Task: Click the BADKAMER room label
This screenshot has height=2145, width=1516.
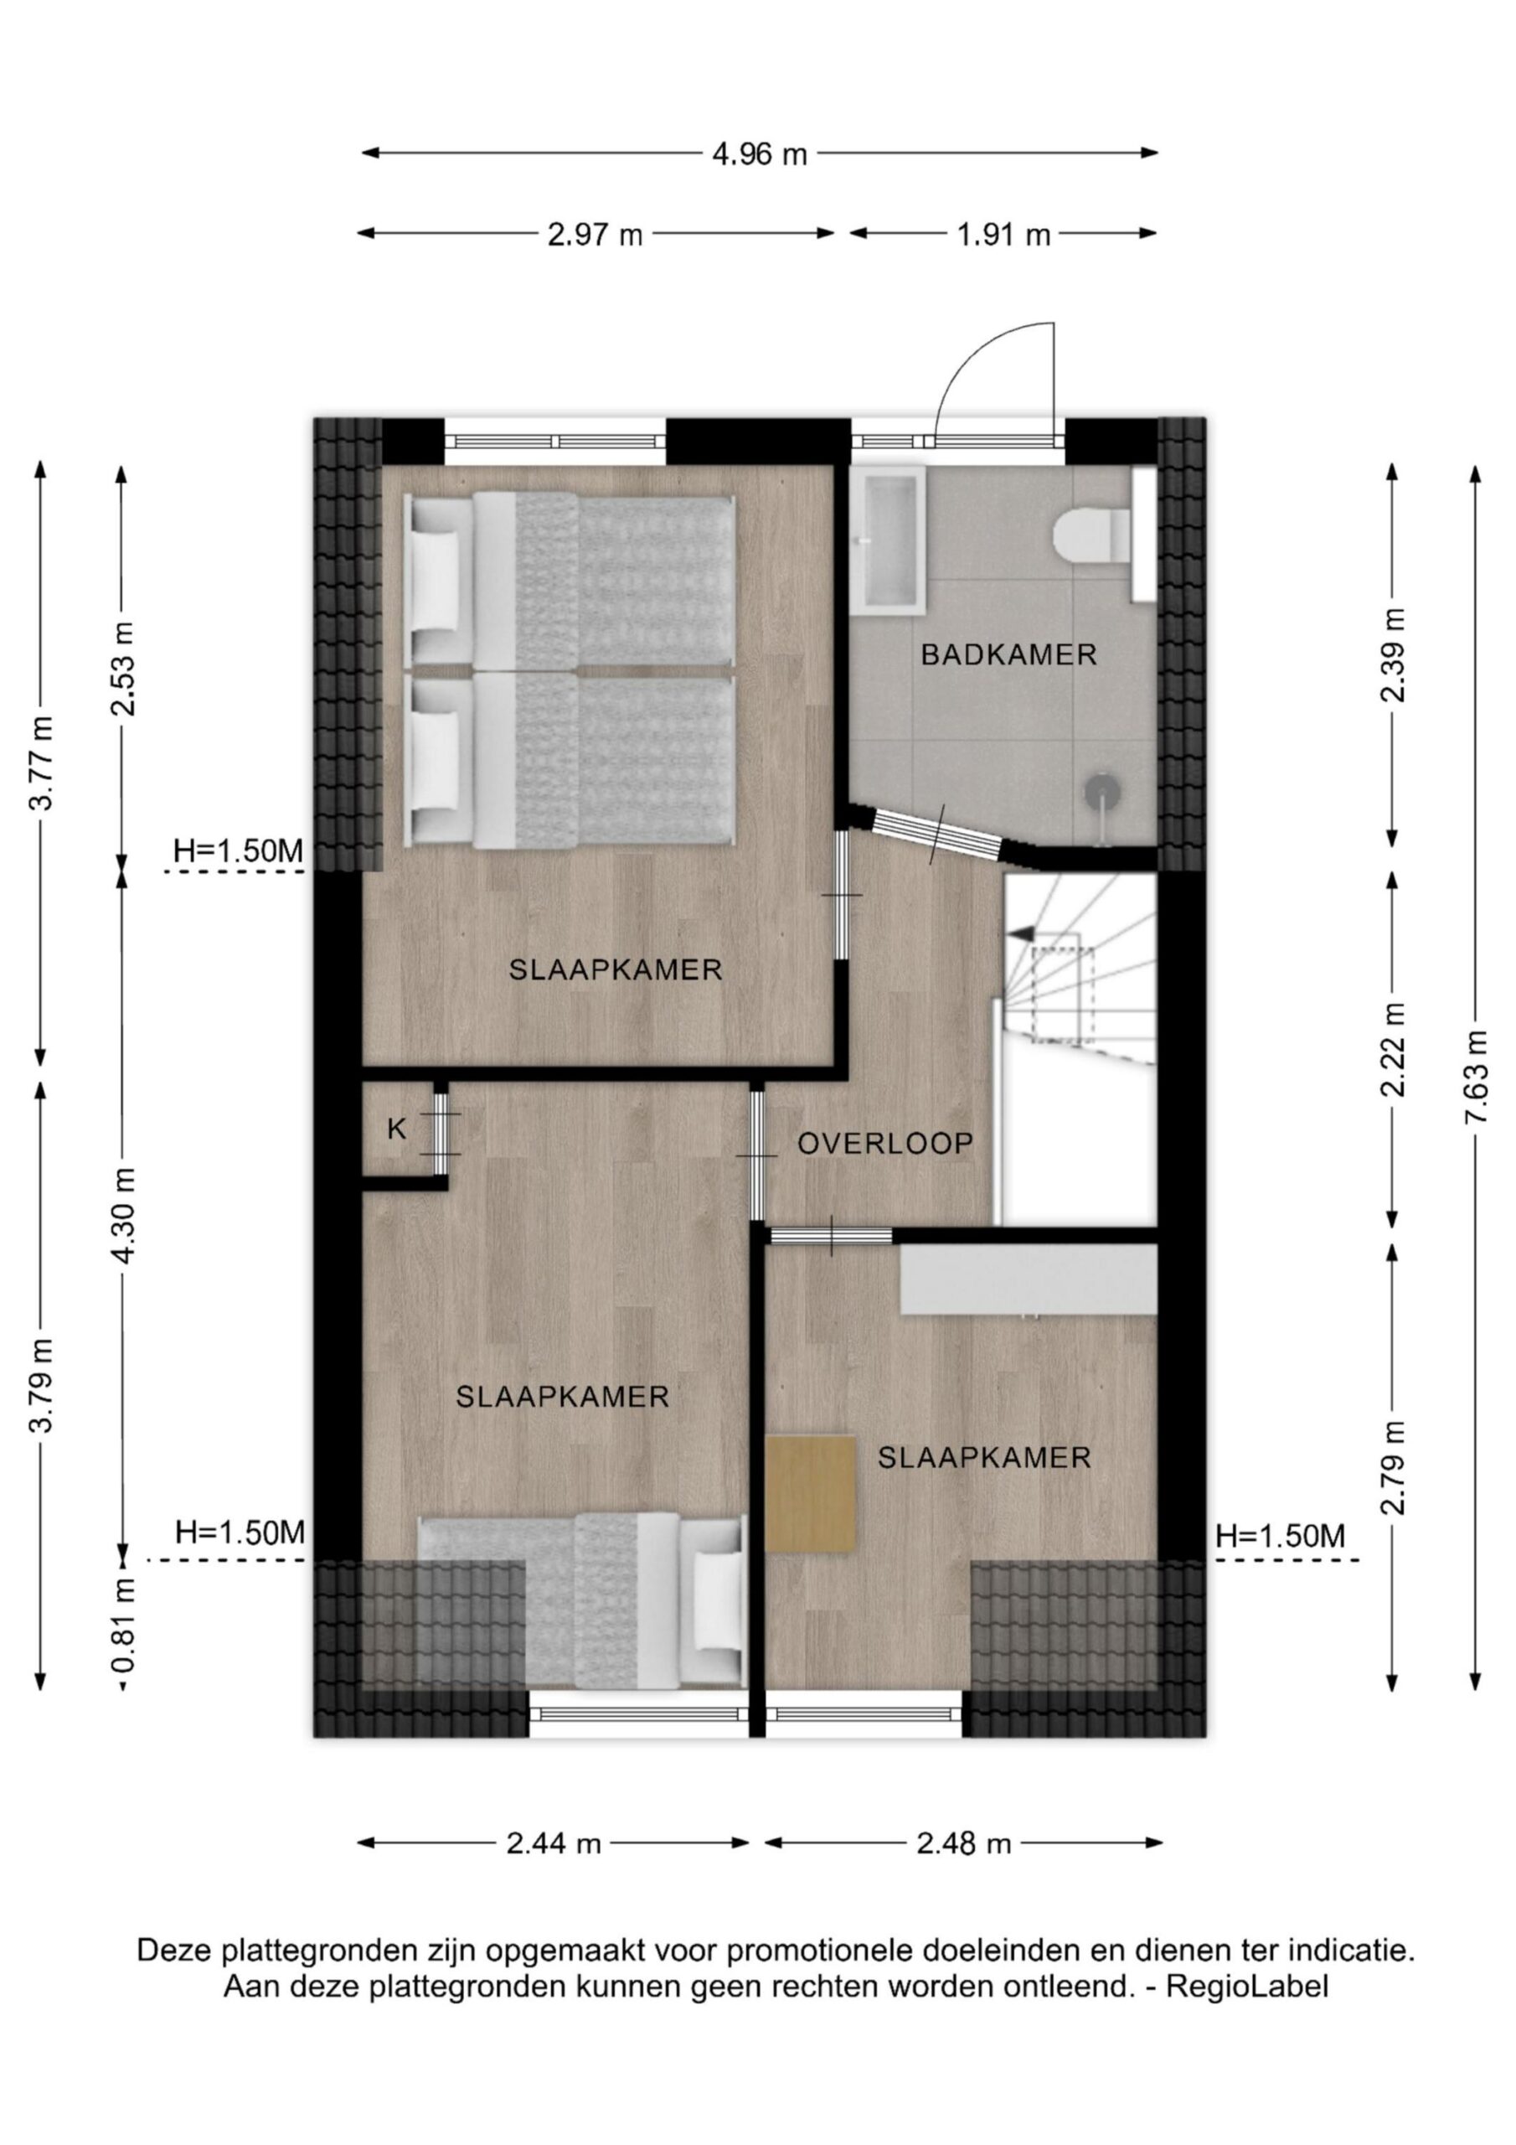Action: (x=1008, y=655)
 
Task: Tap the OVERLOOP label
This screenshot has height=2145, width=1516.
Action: (x=885, y=1144)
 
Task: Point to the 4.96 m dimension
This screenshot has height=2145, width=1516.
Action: (x=760, y=153)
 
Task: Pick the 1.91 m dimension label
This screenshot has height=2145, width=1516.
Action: (x=1003, y=235)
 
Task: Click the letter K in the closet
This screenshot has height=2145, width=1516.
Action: (x=397, y=1129)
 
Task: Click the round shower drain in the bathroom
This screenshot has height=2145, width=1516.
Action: (x=1101, y=789)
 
